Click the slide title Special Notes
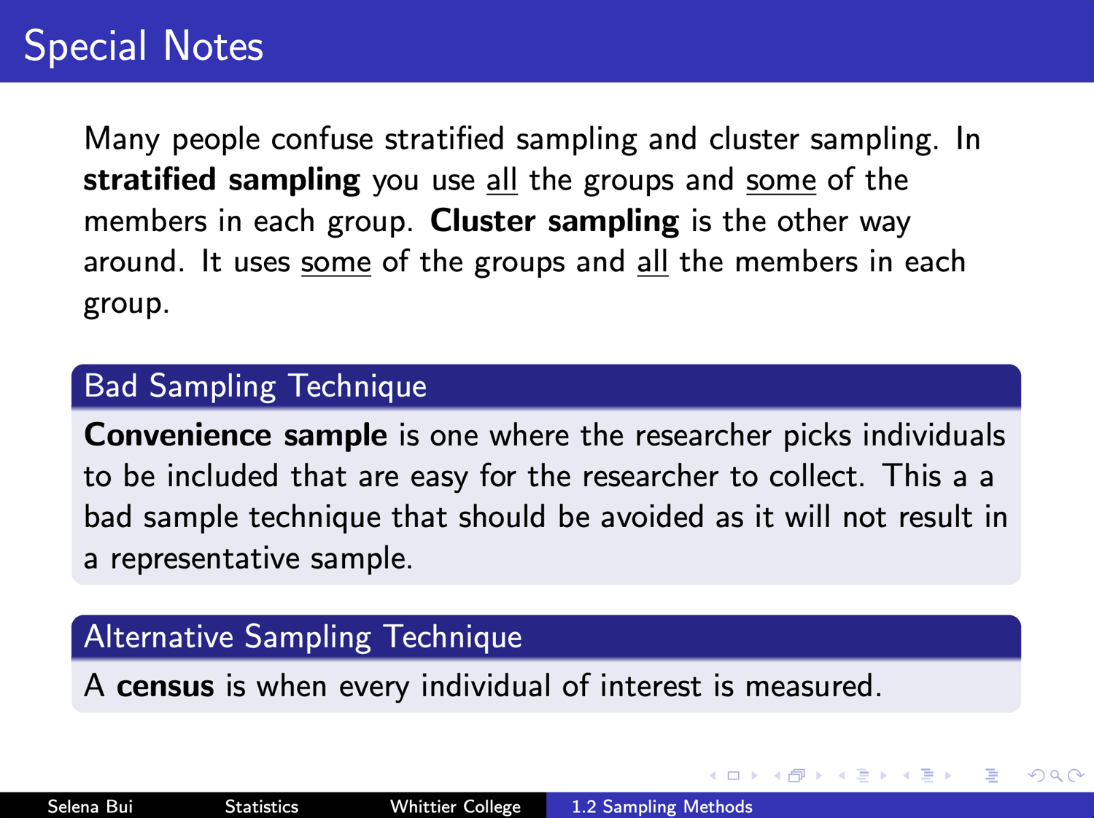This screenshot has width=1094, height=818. click(x=144, y=47)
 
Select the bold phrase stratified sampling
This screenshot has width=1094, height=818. click(x=222, y=180)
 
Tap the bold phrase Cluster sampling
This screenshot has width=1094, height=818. click(x=554, y=221)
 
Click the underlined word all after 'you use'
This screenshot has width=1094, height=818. click(x=502, y=180)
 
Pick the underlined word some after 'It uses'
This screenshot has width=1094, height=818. click(x=336, y=262)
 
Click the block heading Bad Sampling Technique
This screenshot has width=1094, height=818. click(x=255, y=386)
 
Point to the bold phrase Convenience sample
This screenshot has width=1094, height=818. click(x=236, y=435)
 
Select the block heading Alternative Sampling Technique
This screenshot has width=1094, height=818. click(x=303, y=637)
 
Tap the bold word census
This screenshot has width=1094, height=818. click(x=165, y=687)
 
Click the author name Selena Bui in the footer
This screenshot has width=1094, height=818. click(x=90, y=806)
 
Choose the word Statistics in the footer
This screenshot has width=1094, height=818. click(x=262, y=806)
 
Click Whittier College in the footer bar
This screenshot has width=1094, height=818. click(x=456, y=806)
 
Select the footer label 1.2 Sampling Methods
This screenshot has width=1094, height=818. click(x=662, y=806)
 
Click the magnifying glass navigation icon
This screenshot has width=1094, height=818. click(x=1055, y=776)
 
